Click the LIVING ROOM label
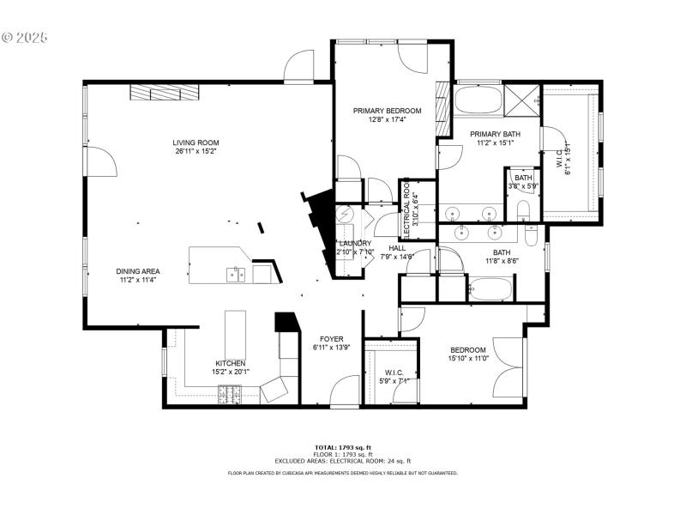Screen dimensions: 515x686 coord(196,142)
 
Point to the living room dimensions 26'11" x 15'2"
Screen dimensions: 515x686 coord(196,151)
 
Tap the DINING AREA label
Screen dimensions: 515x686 coord(138,271)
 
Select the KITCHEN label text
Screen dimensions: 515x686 coord(229,363)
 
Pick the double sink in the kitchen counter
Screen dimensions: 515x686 coord(236,275)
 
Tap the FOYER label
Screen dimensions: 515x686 coord(332,339)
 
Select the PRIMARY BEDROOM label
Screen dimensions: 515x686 coord(388,111)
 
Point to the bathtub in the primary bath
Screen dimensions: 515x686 coord(477,100)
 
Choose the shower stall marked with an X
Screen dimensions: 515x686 coord(522,100)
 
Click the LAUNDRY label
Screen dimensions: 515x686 coord(354,243)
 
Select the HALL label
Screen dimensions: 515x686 coord(397,248)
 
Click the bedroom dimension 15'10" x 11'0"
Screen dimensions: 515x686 coord(468,359)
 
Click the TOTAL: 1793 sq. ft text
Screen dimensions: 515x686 coord(343,447)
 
